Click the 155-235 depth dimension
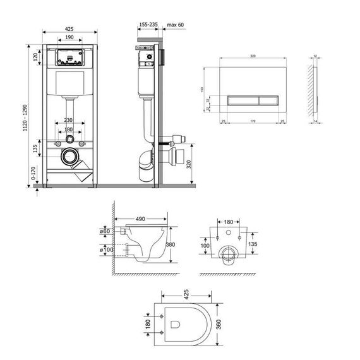pyautogui.click(x=148, y=24)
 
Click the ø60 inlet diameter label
pyautogui.click(x=106, y=232)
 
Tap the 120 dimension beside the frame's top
pyautogui.click(x=37, y=56)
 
